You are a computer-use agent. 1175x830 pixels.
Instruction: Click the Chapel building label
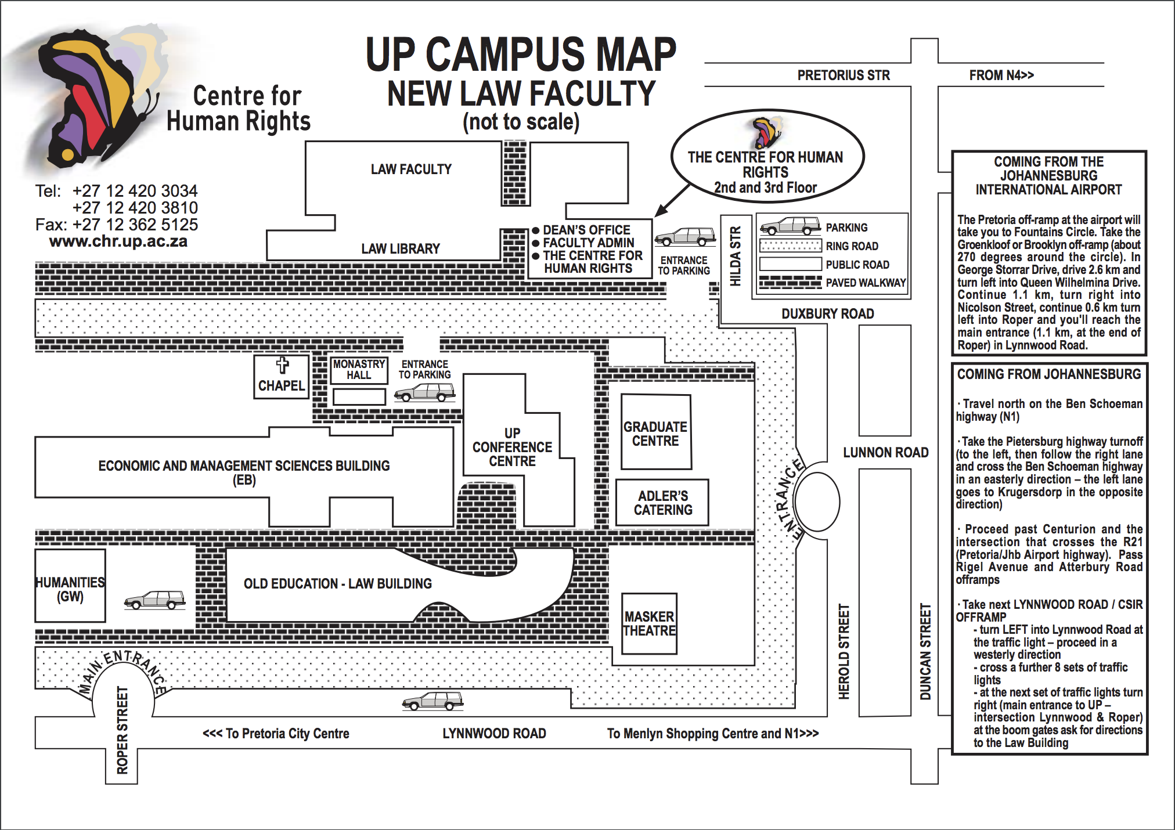pos(281,385)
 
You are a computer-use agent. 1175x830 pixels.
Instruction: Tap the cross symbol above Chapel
pos(282,365)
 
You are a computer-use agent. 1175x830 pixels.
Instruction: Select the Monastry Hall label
pos(359,370)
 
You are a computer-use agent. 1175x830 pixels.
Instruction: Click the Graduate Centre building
pos(655,433)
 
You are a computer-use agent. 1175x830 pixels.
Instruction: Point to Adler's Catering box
pos(662,503)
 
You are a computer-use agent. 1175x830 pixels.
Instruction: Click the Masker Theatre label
pos(649,623)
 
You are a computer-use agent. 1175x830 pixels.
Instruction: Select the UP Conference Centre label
pos(512,447)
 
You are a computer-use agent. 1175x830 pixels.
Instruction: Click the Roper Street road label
pos(122,730)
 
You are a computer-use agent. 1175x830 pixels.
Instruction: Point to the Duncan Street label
pos(925,651)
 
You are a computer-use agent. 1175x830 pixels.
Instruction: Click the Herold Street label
pos(844,651)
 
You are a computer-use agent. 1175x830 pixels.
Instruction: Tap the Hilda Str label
pos(736,256)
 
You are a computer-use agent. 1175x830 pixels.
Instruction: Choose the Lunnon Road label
pos(885,453)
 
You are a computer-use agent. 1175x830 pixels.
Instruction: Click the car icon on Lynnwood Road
pos(432,701)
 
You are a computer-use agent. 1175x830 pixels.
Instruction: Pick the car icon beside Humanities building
pos(154,600)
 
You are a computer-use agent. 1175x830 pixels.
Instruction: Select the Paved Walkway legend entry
pos(866,283)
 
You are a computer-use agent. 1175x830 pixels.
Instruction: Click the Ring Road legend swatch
pos(790,246)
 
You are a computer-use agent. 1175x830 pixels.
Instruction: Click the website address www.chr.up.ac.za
pos(118,241)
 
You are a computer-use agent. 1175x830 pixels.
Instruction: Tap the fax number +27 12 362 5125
pos(135,225)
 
